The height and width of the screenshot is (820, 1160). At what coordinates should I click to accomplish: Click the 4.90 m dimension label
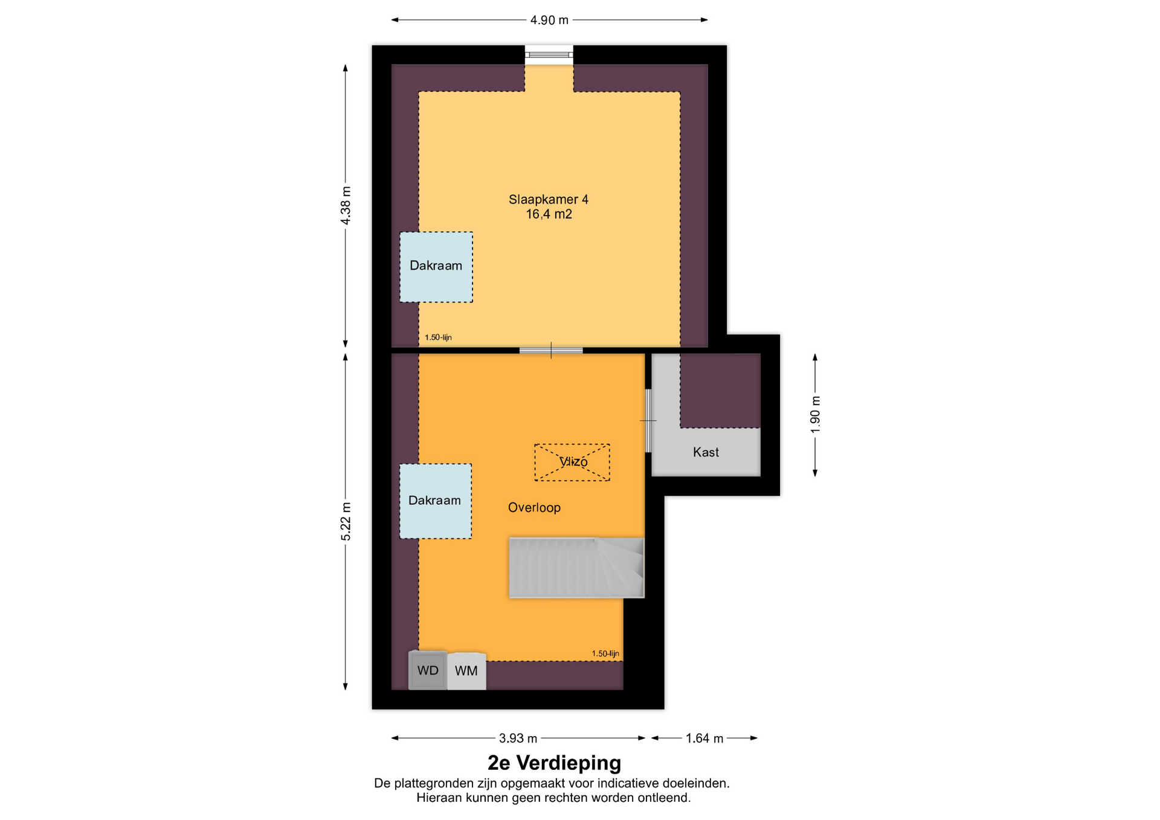[x=549, y=20]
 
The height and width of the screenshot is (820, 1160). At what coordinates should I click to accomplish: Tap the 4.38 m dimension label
[x=346, y=205]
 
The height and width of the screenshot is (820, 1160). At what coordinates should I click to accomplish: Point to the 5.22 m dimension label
[x=346, y=521]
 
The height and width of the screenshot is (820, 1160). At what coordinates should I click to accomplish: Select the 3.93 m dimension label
[x=518, y=738]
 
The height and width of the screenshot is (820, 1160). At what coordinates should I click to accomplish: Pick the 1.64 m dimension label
[x=704, y=738]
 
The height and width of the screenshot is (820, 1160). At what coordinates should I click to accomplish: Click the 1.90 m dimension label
[x=815, y=414]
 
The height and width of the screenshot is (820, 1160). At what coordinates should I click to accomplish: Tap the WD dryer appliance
[x=428, y=670]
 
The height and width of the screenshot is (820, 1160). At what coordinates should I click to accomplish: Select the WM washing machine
[x=466, y=671]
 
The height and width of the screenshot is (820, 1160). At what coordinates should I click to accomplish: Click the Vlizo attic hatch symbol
[x=572, y=463]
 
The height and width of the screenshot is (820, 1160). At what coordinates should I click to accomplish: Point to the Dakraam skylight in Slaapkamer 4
[x=436, y=267]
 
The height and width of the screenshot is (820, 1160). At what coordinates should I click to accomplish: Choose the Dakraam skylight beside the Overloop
[x=436, y=501]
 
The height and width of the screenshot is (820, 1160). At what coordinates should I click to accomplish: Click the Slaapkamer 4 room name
[x=549, y=199]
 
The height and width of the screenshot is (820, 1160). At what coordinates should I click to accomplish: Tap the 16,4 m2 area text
[x=549, y=214]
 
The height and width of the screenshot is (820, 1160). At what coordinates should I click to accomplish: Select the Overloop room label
[x=534, y=507]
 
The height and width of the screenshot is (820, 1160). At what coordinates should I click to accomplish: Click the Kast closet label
[x=706, y=452]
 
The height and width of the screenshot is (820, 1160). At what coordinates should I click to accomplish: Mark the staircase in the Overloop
[x=576, y=568]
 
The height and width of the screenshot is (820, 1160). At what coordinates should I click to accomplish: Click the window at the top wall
[x=549, y=55]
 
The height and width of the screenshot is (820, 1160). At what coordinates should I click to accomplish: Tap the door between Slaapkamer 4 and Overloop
[x=551, y=350]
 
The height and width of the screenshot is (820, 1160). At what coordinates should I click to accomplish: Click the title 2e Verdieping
[x=554, y=763]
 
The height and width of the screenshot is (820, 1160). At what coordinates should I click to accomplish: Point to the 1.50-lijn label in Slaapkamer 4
[x=438, y=338]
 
